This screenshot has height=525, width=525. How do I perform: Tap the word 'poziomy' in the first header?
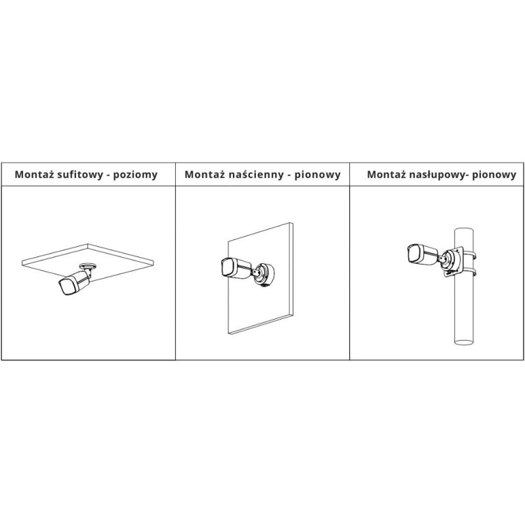(x=135, y=175)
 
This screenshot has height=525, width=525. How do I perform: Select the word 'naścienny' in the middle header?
(x=255, y=175)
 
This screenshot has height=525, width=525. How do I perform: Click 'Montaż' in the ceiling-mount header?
(x=34, y=174)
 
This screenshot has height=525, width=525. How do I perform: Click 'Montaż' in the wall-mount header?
(x=204, y=174)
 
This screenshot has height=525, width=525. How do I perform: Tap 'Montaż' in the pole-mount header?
(x=387, y=174)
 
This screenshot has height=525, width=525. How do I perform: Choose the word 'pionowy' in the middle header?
(x=317, y=175)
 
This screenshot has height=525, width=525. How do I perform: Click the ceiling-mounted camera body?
(x=74, y=282)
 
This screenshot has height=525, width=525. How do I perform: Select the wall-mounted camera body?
(x=236, y=268)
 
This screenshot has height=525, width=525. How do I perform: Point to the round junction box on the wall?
(x=264, y=275)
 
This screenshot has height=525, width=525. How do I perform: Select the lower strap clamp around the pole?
(x=470, y=271)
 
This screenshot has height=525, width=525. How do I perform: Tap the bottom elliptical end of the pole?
(x=464, y=342)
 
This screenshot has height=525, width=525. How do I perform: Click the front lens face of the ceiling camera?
(x=66, y=287)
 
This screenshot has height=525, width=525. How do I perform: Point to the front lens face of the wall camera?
(x=226, y=267)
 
